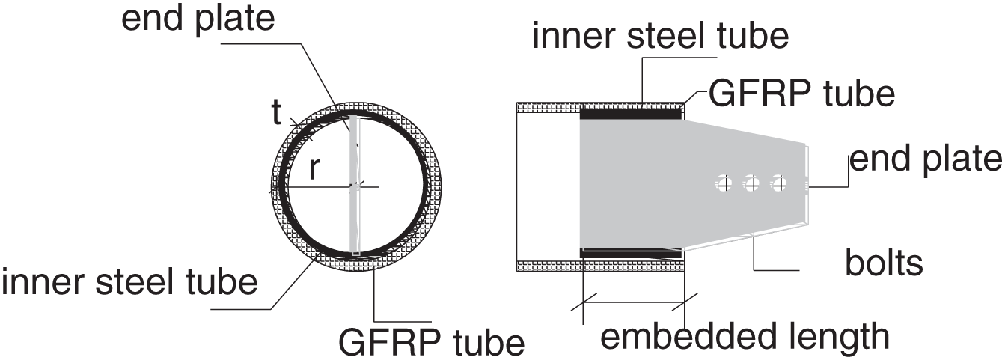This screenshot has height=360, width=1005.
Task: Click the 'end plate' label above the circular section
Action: [198, 20]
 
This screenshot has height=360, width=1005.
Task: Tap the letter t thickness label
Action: [277, 113]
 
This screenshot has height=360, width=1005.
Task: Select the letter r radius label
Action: [316, 171]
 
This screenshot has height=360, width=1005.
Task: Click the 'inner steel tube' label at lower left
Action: [129, 283]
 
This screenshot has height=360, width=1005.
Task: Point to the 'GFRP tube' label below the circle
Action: [432, 341]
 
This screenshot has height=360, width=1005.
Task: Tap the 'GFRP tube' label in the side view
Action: [801, 95]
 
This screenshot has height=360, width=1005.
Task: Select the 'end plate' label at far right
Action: [926, 160]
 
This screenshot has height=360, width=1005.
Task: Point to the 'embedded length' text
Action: [745, 337]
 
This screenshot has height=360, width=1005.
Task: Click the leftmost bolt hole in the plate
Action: [724, 182]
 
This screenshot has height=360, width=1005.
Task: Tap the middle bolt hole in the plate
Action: [752, 182]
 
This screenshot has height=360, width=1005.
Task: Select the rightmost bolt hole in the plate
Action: [780, 182]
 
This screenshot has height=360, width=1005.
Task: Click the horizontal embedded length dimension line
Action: [633, 304]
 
